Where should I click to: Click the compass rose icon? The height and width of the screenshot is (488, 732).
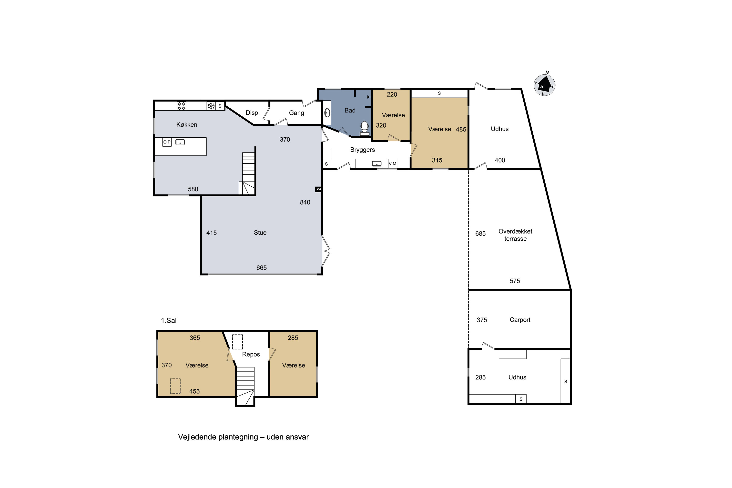click(x=544, y=85)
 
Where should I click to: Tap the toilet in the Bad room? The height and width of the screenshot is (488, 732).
click(x=365, y=129)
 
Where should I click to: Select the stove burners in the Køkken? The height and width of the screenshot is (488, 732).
click(x=182, y=106)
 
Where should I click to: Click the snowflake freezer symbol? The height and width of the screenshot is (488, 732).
click(x=211, y=106)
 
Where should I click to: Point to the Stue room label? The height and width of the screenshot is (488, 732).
click(x=260, y=233)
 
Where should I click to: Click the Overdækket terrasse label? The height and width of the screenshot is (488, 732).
click(x=515, y=235)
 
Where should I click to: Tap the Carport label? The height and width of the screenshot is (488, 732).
click(x=520, y=320)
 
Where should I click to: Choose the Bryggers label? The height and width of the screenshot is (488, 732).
click(x=362, y=150)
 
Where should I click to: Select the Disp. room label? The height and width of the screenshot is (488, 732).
click(x=252, y=113)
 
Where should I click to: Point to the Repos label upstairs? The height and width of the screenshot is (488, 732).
click(x=251, y=354)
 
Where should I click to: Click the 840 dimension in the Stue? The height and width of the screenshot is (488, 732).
click(x=305, y=202)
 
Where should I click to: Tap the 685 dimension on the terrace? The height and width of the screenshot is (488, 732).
click(x=480, y=234)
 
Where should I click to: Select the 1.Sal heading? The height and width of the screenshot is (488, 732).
click(x=169, y=321)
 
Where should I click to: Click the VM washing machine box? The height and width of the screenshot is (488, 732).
click(x=392, y=164)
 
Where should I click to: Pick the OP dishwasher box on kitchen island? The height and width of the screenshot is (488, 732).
click(x=167, y=142)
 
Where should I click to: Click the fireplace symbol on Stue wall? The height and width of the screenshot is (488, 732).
click(x=318, y=189)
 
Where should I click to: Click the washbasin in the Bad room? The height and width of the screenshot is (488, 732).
click(x=327, y=112)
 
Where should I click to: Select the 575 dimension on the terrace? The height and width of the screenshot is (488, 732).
click(x=515, y=281)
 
